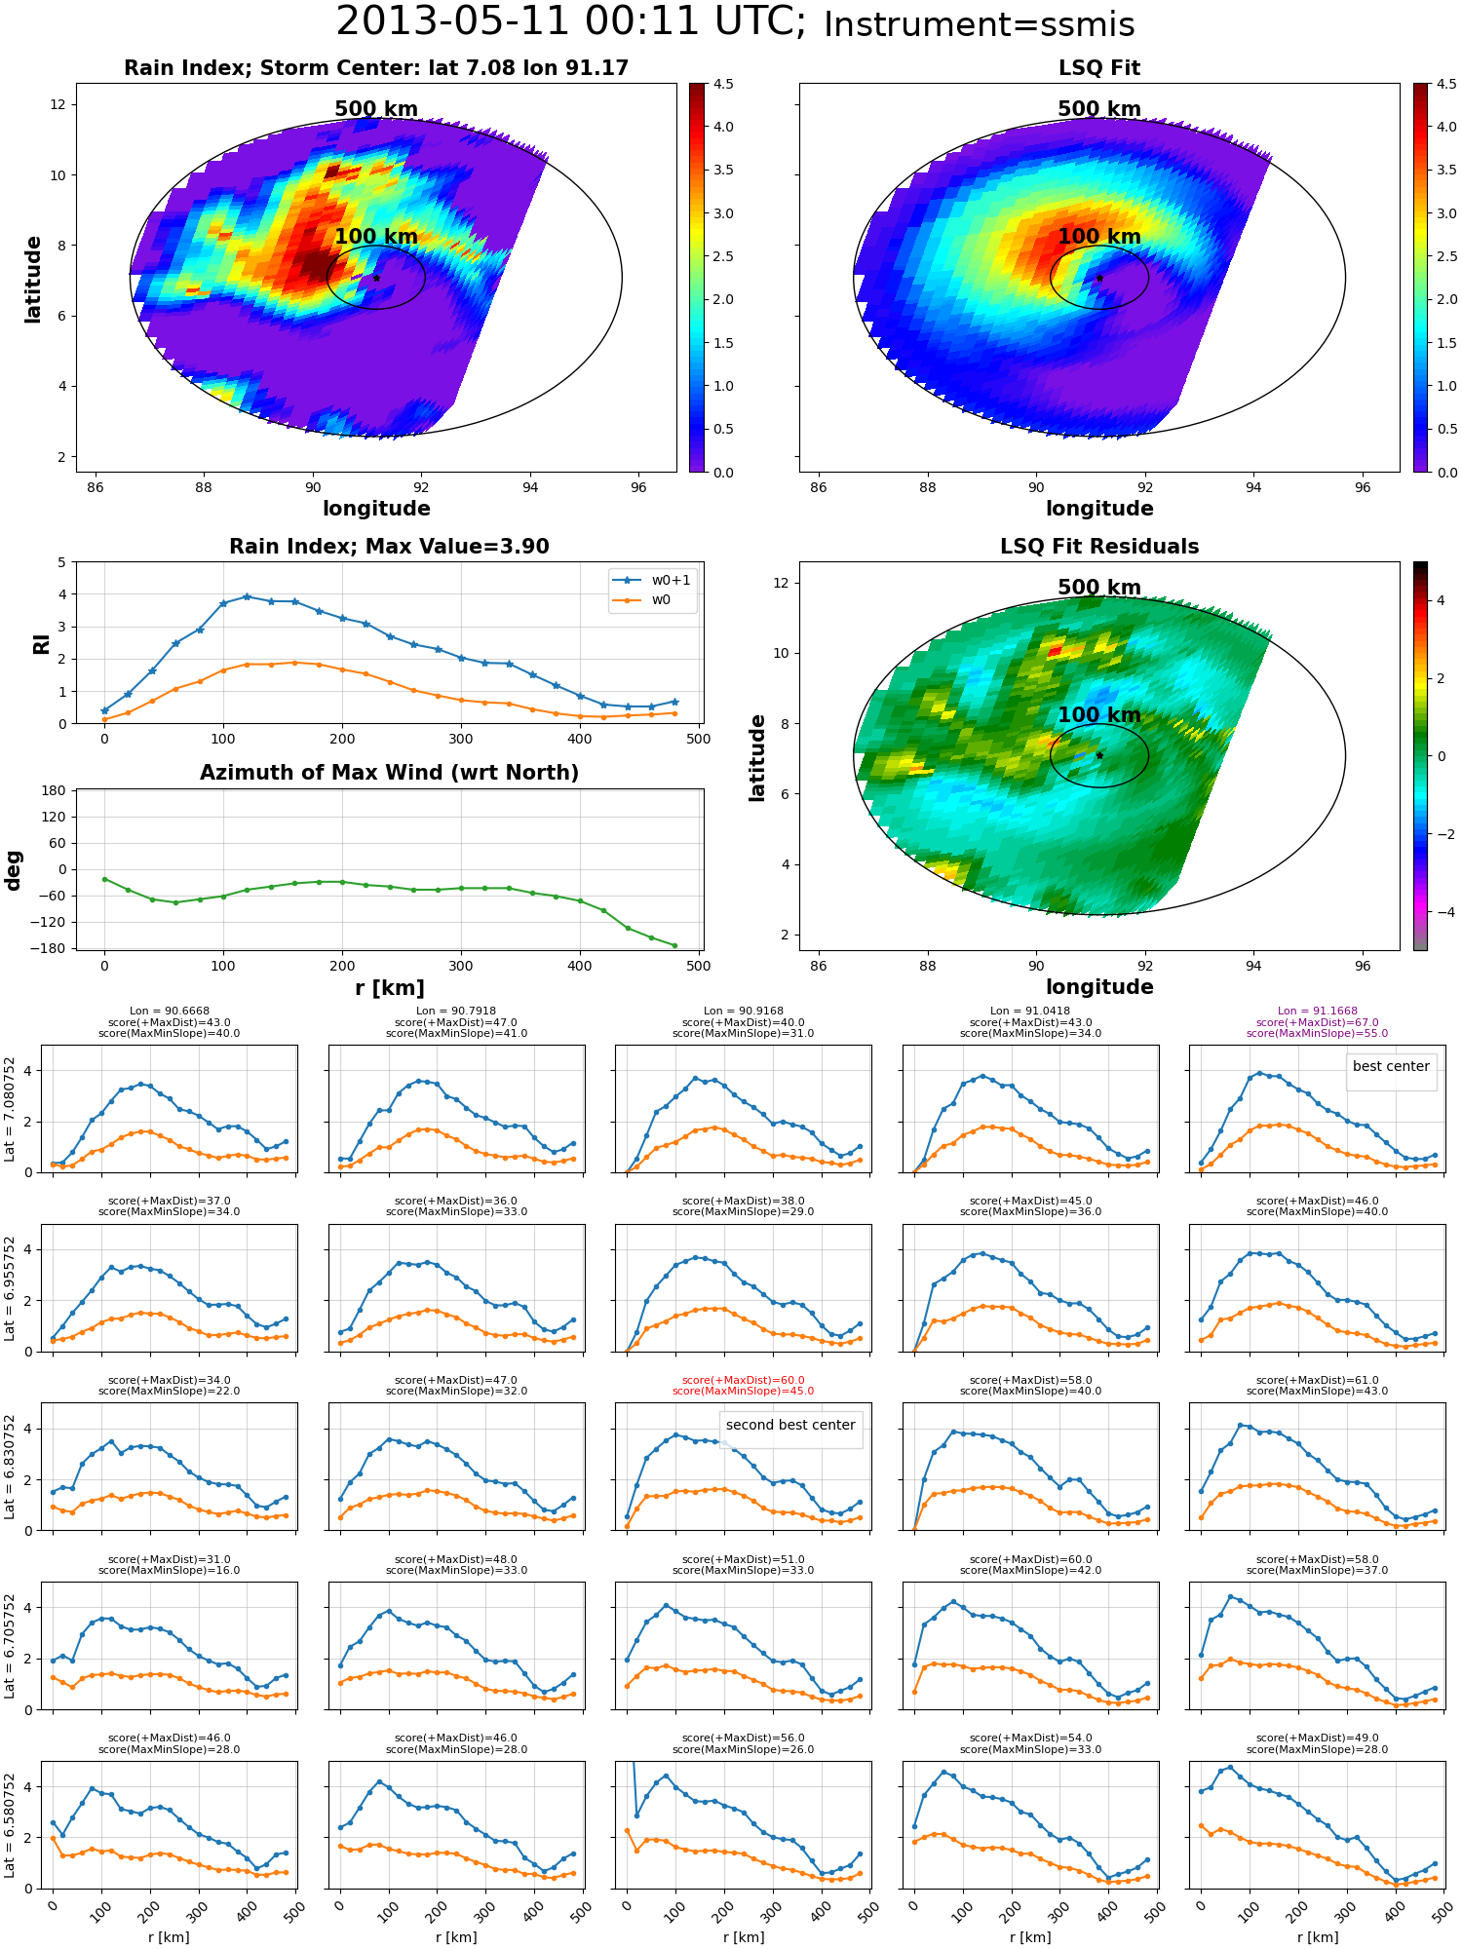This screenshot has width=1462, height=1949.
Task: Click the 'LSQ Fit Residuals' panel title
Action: point(1099,547)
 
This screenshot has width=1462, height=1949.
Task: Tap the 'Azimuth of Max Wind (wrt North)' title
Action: point(389,773)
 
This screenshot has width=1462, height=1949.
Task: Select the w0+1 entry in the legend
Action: point(652,580)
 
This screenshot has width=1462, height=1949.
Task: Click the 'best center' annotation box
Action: point(1391,1066)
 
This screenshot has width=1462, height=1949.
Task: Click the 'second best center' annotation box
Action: point(790,1425)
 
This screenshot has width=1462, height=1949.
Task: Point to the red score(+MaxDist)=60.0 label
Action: point(743,1380)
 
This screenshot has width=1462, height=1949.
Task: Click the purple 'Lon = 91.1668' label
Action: point(1317,1012)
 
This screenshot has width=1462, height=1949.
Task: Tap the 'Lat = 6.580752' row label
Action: point(10,1825)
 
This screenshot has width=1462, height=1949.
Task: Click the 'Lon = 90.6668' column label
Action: point(169,1012)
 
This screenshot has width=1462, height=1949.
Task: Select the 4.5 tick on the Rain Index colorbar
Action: point(723,84)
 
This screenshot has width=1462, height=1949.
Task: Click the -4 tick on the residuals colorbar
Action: point(1442,912)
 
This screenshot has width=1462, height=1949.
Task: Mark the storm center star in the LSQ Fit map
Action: point(1099,278)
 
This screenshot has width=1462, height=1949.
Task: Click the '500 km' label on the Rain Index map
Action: point(376,109)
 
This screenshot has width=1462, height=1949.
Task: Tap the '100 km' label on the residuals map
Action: point(1099,715)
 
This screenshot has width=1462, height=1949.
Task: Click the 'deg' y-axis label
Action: point(14,869)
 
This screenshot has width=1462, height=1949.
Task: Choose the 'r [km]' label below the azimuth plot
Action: point(389,988)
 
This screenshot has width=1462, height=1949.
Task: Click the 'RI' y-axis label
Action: point(41,643)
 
